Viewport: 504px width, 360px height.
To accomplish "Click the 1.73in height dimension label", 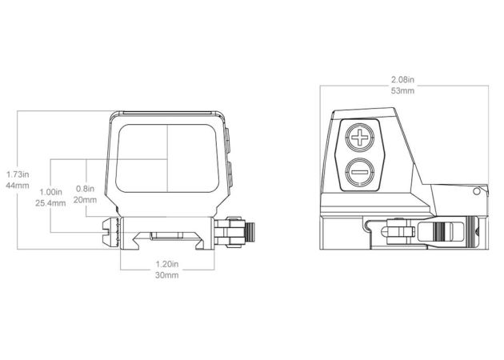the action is (x=18, y=174).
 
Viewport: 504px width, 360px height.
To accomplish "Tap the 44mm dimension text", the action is (x=18, y=186).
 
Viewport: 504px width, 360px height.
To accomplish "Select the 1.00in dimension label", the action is (x=50, y=192).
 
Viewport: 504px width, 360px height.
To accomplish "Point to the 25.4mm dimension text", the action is (x=50, y=203).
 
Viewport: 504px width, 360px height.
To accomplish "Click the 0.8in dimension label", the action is (x=85, y=188).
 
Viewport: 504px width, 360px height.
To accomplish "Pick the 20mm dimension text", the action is (x=85, y=200).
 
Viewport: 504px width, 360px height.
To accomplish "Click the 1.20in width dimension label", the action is (x=167, y=264).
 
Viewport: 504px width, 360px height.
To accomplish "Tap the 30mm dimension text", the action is (x=167, y=275).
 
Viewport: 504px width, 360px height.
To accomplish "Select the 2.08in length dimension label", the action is (x=402, y=79).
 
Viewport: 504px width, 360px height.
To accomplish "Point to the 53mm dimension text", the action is (x=402, y=90).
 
